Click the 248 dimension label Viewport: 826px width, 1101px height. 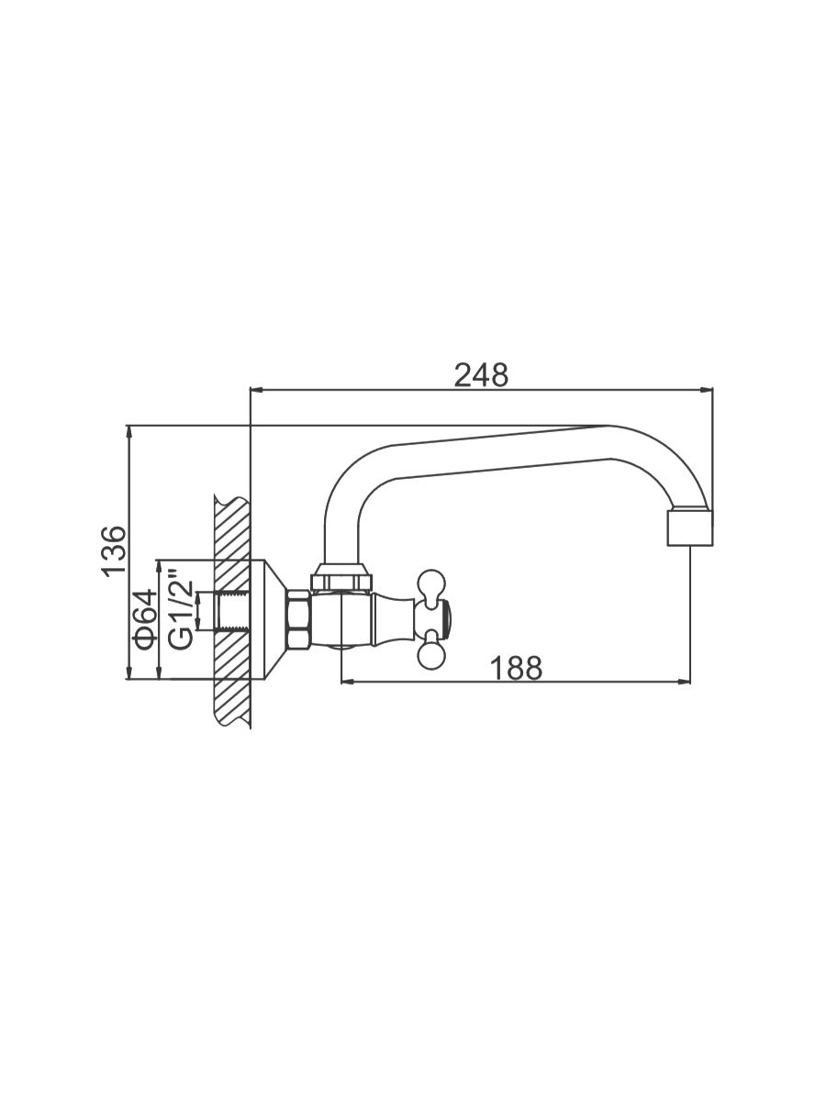coord(481,375)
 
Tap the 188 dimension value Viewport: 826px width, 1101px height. coord(516,668)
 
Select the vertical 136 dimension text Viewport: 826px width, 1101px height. coord(113,551)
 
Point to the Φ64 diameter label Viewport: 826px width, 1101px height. coord(143,620)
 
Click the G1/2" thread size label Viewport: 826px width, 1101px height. coord(181,609)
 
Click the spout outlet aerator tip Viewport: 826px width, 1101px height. coord(689,528)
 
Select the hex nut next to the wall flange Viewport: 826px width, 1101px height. coord(298,620)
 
